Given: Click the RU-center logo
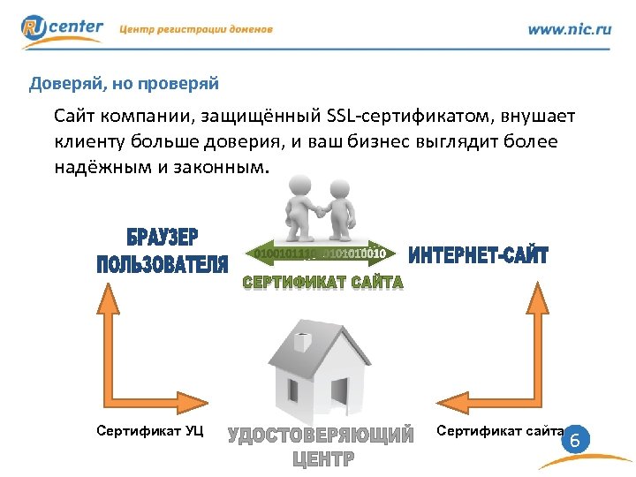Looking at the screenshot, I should click(x=62, y=29).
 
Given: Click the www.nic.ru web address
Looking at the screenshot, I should click(x=569, y=29).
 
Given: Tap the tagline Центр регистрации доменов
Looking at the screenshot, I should click(x=196, y=29).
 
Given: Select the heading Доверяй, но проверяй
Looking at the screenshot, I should click(x=124, y=84).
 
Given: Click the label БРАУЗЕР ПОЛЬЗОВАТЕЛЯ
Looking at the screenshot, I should click(x=163, y=252).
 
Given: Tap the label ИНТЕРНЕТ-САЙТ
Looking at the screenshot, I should click(x=478, y=256).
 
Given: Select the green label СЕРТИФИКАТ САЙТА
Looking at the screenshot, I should click(x=322, y=283).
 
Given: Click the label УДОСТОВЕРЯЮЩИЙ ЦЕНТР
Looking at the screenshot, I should click(x=322, y=446).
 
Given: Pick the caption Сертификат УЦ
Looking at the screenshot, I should click(x=149, y=430).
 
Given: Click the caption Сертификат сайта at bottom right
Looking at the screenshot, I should click(x=500, y=430).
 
